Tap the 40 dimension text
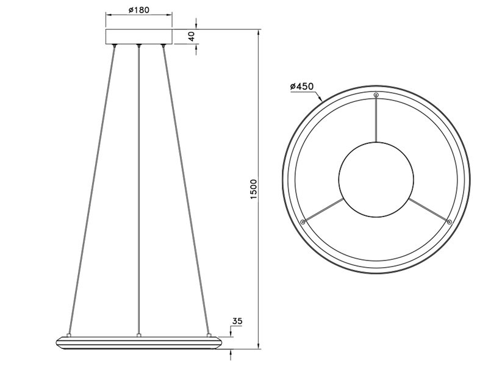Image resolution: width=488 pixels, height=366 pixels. click(191, 37)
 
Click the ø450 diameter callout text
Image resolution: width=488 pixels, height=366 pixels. click(302, 86)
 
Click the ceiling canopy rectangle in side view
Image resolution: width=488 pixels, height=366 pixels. click(139, 37)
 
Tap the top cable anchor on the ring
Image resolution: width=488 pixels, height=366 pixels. click(376, 95)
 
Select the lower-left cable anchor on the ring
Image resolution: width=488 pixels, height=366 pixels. click(303, 222)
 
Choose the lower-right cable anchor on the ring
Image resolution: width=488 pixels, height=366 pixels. click(449, 222)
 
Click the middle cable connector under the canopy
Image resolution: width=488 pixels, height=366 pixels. click(139, 46)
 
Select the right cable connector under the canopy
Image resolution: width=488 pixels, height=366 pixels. click(163, 46)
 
